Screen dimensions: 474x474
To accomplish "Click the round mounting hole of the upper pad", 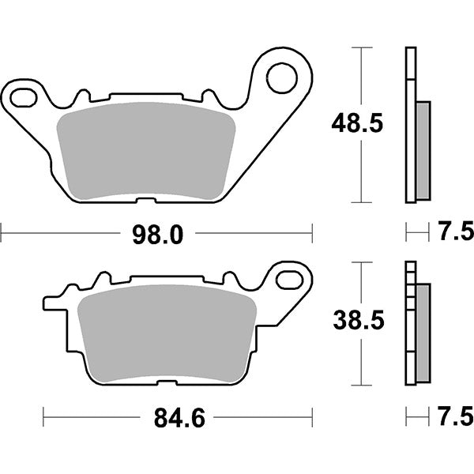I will (280, 77).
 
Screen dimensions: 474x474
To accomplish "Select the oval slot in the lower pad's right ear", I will (292, 279).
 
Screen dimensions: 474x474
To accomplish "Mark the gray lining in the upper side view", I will (423, 150).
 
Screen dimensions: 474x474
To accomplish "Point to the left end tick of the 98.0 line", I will (2, 233).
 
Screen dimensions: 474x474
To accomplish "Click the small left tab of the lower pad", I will (49, 302).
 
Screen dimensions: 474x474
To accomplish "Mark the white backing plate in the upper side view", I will (408, 126).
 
